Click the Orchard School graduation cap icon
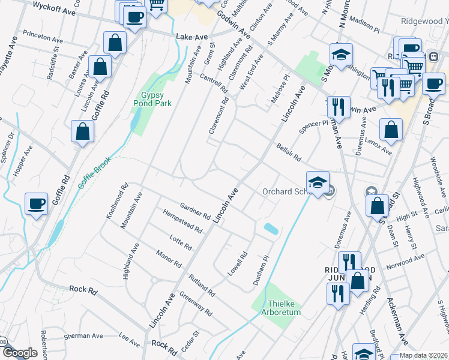[x=317, y=181]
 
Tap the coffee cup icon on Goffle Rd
[x=36, y=203]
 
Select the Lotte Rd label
[x=180, y=242]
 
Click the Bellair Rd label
[x=288, y=151]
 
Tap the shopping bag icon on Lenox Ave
[x=391, y=130]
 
